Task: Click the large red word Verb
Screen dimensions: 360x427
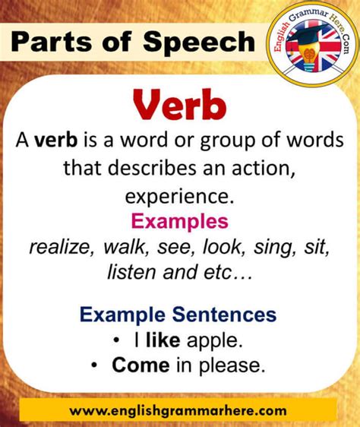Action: [180, 105]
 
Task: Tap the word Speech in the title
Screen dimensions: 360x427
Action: [199, 42]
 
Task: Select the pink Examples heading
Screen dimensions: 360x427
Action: [180, 222]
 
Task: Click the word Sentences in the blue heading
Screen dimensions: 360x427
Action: [224, 315]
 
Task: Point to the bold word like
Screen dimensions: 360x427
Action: [163, 340]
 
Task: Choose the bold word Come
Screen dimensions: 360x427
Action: [141, 365]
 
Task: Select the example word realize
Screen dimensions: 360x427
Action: [62, 247]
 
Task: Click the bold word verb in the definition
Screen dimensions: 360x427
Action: [56, 140]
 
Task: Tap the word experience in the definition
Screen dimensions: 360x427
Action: [179, 198]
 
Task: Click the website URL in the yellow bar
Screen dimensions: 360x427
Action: [178, 410]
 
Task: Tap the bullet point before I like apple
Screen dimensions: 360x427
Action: [116, 340]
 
